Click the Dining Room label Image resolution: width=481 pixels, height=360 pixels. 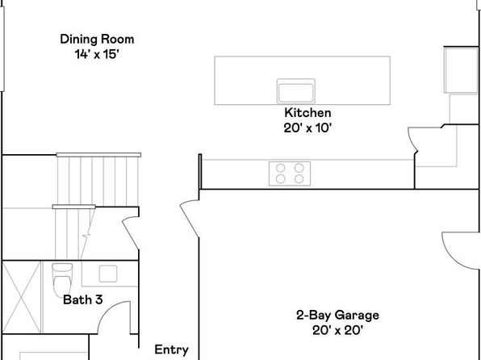(x=97, y=40)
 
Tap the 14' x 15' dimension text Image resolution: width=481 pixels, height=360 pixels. (x=97, y=54)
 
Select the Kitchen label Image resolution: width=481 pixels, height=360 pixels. (x=307, y=113)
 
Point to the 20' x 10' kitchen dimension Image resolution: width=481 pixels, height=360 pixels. (x=307, y=128)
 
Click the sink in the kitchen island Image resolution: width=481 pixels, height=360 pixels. (x=295, y=91)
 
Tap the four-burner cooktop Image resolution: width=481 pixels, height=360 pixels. (x=290, y=174)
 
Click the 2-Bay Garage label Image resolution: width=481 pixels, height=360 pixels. (x=337, y=315)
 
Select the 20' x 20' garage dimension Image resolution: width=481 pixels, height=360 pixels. (x=337, y=330)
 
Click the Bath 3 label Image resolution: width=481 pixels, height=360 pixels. (x=82, y=299)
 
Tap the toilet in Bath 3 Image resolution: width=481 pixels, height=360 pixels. (x=63, y=279)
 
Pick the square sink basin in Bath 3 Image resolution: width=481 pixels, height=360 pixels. (x=108, y=274)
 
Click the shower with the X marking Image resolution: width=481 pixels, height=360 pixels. (x=21, y=297)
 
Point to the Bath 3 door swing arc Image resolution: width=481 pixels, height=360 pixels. (x=107, y=310)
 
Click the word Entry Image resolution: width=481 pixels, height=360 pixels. (x=171, y=350)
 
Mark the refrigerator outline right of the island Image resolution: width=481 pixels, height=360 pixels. (x=461, y=69)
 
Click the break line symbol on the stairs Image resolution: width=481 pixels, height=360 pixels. (x=86, y=236)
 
